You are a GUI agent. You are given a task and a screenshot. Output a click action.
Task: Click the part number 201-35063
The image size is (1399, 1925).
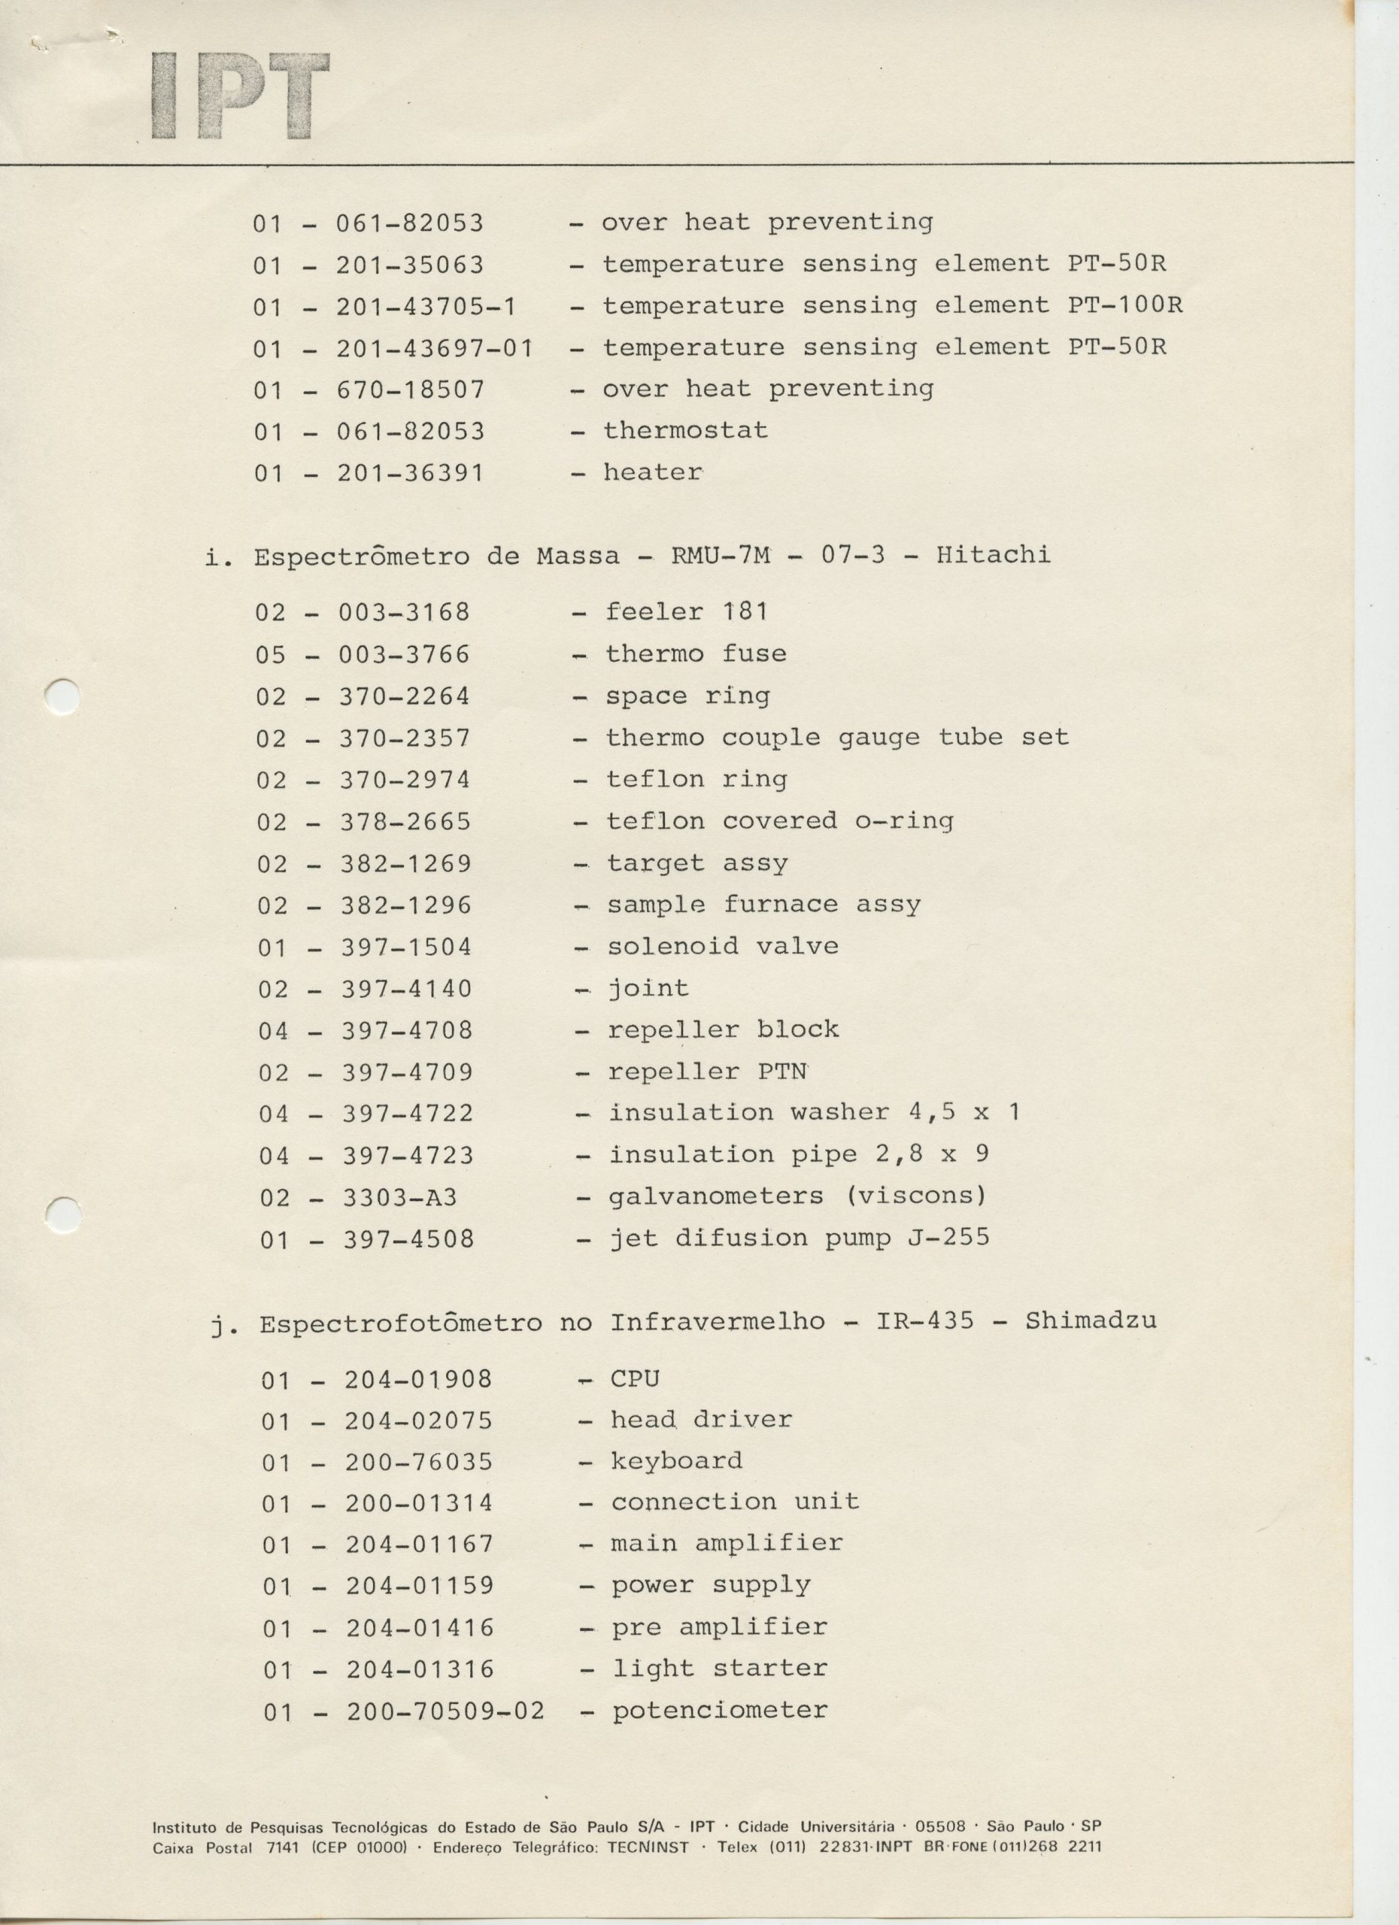(x=409, y=265)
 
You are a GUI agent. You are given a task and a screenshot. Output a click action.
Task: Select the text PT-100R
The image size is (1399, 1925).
(x=1124, y=305)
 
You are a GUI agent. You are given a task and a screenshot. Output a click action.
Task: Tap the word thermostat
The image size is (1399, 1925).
(x=685, y=431)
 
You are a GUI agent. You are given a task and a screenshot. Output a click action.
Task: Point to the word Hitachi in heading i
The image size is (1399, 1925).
(x=994, y=555)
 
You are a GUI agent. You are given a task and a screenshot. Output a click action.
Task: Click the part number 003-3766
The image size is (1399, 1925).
(x=404, y=655)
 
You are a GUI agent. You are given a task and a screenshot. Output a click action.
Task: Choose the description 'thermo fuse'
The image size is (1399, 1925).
(x=695, y=654)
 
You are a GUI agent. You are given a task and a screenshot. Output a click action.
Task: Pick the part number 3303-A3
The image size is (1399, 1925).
(x=400, y=1198)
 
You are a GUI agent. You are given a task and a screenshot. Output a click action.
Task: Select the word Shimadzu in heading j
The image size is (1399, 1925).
(x=1090, y=1321)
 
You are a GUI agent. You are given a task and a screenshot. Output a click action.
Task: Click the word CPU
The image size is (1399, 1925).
(x=634, y=1379)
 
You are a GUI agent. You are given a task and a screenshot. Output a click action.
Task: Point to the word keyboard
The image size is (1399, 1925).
(x=677, y=1462)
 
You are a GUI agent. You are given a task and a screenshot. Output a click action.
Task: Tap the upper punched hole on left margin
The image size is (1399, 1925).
(x=62, y=698)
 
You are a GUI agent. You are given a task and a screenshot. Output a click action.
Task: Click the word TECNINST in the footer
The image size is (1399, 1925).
(x=648, y=1846)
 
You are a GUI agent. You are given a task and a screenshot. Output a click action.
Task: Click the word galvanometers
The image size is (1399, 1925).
(x=715, y=1197)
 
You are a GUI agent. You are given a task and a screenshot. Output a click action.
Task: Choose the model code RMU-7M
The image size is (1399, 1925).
(x=721, y=556)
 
